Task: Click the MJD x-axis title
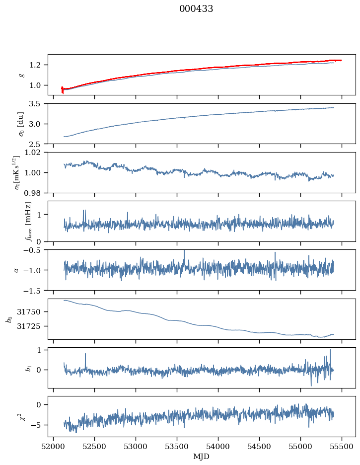[202, 457]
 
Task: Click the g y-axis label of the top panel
[21, 75]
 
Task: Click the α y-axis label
[16, 270]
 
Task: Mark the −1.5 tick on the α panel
[36, 290]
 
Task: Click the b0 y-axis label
[9, 318]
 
